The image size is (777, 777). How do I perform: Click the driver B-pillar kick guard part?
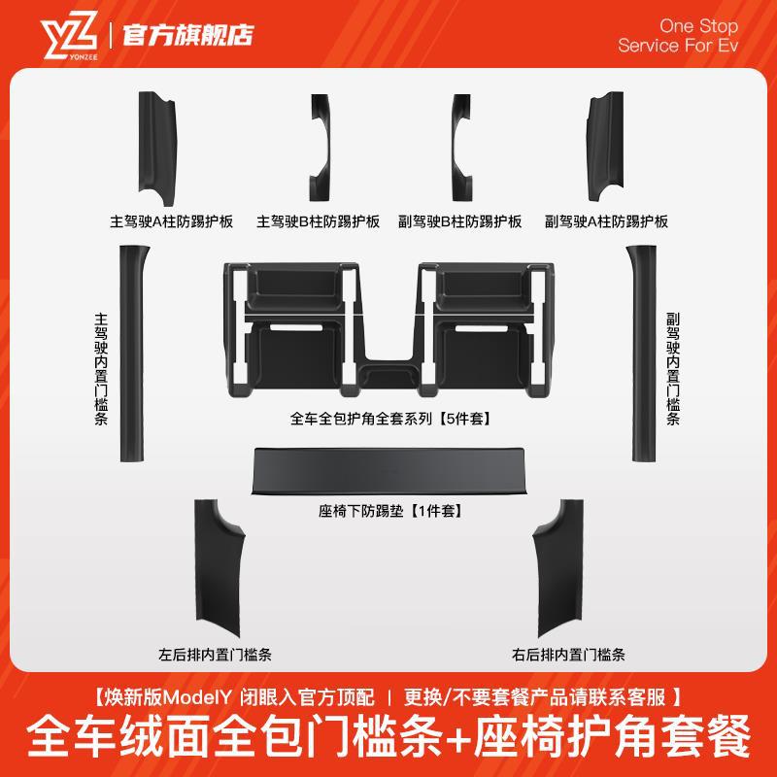pos(322,145)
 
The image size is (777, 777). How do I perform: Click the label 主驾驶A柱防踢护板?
pos(172,221)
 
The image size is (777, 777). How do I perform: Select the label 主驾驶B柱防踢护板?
pos(318,221)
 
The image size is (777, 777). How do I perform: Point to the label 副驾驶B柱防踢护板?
pos(461,221)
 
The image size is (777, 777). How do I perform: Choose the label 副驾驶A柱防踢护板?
pos(607,221)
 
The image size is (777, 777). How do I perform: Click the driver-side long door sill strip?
pos(127,354)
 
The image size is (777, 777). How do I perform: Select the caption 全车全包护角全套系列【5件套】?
pos(388,421)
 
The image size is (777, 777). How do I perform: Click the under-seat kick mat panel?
pos(388,471)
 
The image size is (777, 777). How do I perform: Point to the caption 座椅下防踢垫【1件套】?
pos(388,509)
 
